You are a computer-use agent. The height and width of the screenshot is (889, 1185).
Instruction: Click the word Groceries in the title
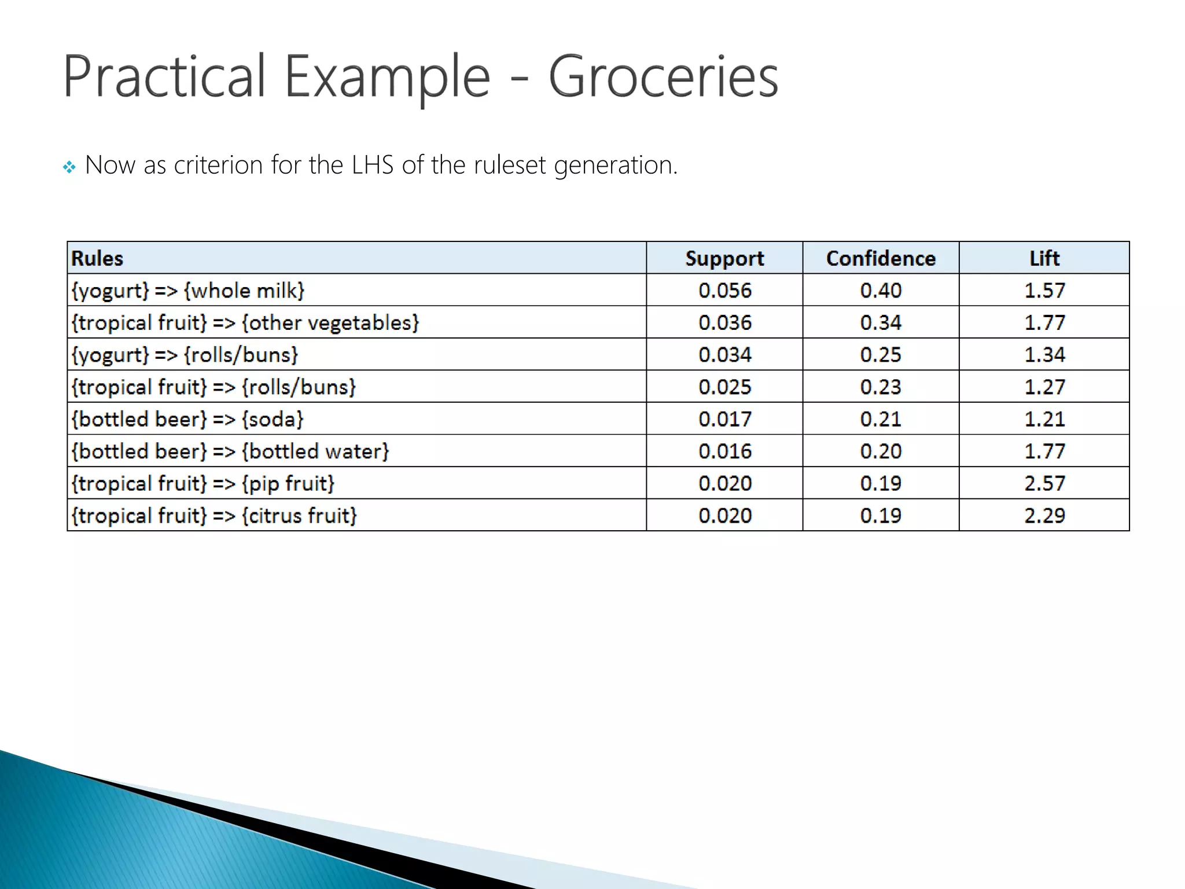click(x=663, y=77)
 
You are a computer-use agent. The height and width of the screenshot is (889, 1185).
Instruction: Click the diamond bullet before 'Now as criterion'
click(x=69, y=168)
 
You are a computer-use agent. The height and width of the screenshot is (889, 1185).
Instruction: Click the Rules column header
click(x=97, y=258)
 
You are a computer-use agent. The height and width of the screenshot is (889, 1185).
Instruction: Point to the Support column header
click(x=724, y=258)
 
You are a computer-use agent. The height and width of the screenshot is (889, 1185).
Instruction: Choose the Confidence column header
click(x=881, y=258)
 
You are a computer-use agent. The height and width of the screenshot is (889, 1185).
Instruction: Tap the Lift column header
click(x=1044, y=258)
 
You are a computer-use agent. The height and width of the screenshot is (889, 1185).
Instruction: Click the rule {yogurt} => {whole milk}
click(x=187, y=291)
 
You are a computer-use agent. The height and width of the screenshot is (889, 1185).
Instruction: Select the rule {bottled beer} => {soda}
click(x=187, y=419)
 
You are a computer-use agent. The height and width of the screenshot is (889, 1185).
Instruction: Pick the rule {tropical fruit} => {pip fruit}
click(x=203, y=483)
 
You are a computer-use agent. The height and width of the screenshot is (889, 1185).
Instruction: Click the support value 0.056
click(x=724, y=291)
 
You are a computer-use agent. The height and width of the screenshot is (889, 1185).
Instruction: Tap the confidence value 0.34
click(x=881, y=322)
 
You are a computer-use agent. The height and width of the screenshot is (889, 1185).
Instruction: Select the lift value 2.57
click(x=1044, y=483)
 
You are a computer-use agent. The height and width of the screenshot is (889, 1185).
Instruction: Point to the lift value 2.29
click(x=1044, y=515)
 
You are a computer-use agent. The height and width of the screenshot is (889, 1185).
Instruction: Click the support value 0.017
click(x=724, y=419)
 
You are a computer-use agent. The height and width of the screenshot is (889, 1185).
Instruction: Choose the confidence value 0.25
click(x=881, y=355)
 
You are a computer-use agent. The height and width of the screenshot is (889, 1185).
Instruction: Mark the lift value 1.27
click(x=1044, y=387)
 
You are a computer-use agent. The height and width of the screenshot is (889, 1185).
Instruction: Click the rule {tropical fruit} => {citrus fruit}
click(x=214, y=515)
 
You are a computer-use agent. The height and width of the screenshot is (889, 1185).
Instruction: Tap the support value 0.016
click(x=724, y=451)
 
